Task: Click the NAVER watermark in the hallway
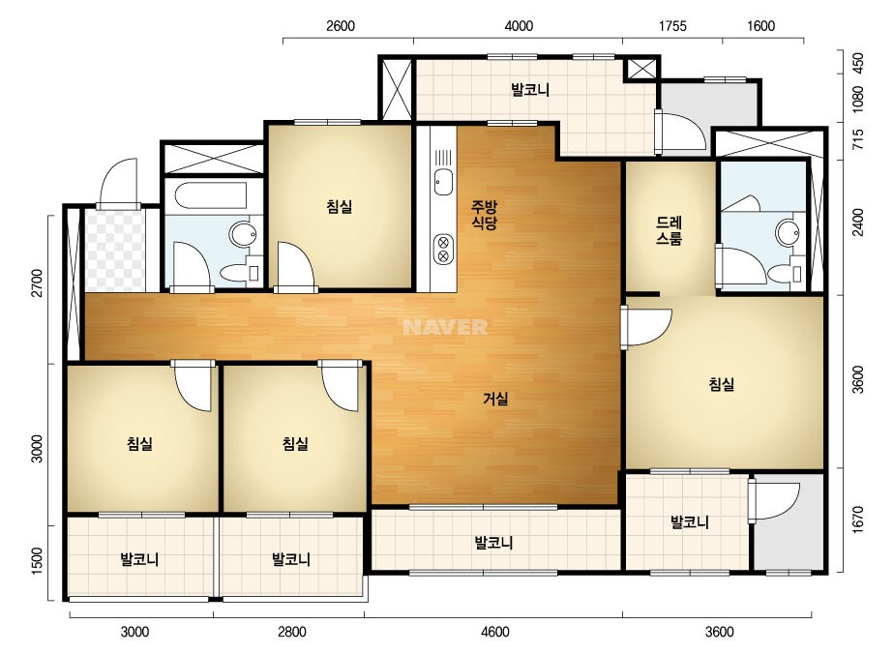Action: click(445, 327)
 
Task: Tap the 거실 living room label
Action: click(495, 399)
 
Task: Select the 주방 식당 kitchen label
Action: click(484, 214)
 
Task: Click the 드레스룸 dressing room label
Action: click(670, 230)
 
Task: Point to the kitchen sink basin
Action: click(442, 182)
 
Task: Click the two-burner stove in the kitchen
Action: click(442, 249)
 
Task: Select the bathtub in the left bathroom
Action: click(211, 195)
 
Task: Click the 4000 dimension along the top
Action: click(520, 26)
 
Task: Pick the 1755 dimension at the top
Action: click(672, 26)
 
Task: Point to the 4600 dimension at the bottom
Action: click(495, 632)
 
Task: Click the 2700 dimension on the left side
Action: click(37, 282)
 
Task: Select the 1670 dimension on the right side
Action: click(858, 520)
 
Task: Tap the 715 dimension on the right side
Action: click(858, 140)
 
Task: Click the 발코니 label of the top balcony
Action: click(530, 90)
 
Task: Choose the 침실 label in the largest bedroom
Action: click(721, 384)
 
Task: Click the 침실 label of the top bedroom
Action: click(340, 206)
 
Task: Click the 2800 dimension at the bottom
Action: click(291, 632)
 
